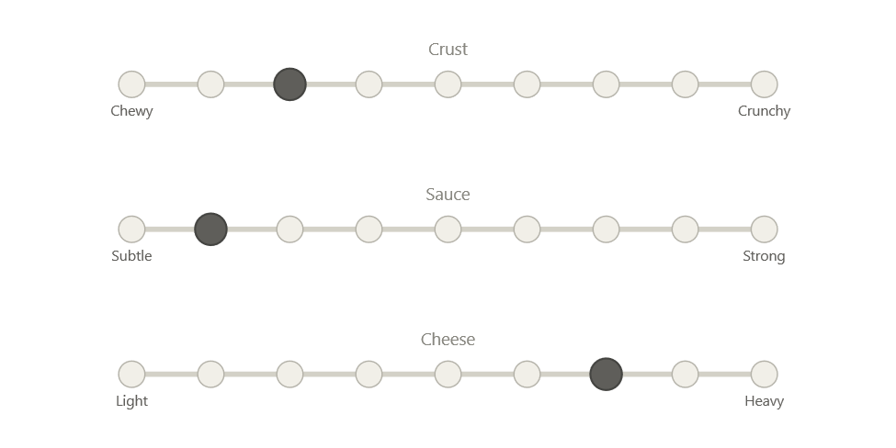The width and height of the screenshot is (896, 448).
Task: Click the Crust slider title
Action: [x=448, y=50]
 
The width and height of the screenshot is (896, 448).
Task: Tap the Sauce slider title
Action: [x=448, y=195]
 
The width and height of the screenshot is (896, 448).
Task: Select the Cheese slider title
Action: [x=448, y=340]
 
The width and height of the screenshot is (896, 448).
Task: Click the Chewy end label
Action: [x=131, y=111]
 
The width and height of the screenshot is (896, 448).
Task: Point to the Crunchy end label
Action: [x=765, y=111]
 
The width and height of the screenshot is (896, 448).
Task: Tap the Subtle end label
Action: [x=131, y=256]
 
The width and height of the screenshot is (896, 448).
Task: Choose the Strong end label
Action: [x=765, y=256]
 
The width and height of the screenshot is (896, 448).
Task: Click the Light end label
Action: [x=131, y=401]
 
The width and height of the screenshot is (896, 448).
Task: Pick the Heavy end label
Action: [x=765, y=401]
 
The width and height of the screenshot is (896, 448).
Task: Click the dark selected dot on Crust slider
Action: [x=289, y=84]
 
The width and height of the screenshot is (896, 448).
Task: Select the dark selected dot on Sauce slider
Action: [x=210, y=230]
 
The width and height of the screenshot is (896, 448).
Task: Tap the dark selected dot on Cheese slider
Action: [x=606, y=375]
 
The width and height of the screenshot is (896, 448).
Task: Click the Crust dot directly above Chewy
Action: [x=131, y=84]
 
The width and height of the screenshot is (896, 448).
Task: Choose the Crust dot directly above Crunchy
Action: [x=765, y=84]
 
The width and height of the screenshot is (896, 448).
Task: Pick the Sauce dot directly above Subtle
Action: [x=131, y=230]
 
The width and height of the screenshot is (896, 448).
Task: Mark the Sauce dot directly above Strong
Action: [x=765, y=230]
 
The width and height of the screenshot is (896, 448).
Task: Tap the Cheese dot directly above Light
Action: [x=131, y=375]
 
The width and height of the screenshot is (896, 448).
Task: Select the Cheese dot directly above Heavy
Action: [x=765, y=375]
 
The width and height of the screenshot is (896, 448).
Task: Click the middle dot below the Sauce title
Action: [x=448, y=230]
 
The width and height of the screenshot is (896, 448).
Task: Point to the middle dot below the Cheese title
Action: [x=448, y=375]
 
